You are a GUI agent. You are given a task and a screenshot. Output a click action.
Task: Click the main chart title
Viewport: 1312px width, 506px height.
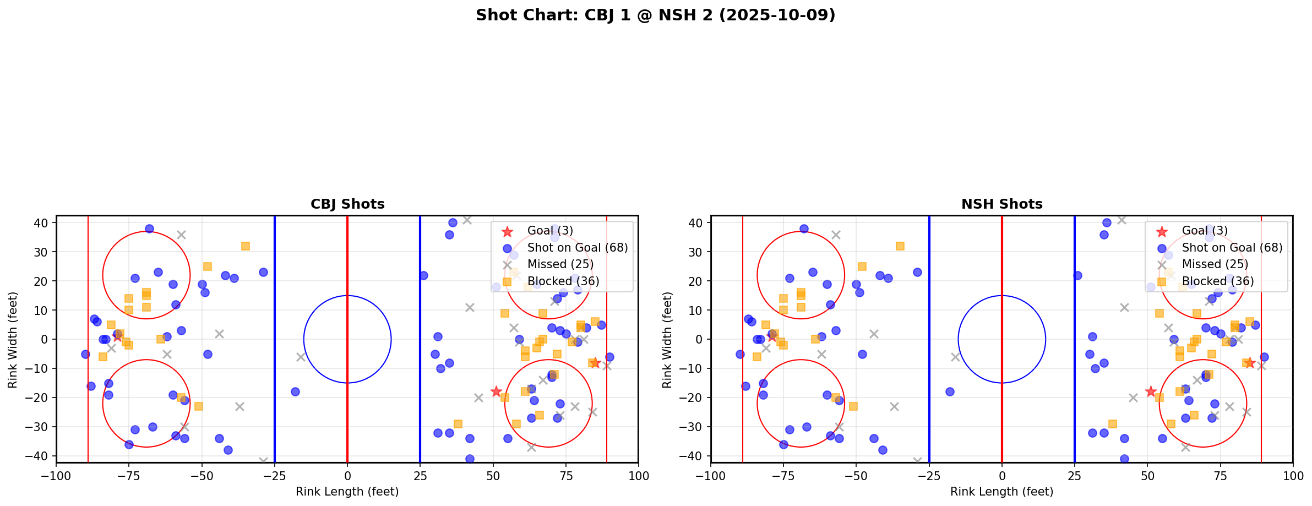tap(655, 15)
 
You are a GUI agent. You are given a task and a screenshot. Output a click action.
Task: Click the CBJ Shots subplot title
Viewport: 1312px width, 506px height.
tap(347, 204)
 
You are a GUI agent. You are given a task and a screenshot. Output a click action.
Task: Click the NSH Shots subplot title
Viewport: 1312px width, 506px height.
tap(1001, 204)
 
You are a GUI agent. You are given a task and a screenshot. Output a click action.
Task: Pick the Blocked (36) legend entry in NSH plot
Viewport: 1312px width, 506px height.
tap(1217, 281)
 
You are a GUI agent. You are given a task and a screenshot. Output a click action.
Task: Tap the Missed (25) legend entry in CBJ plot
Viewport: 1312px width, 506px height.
tap(560, 264)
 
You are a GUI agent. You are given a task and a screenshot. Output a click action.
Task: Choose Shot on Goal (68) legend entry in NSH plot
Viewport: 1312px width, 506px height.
tap(1232, 248)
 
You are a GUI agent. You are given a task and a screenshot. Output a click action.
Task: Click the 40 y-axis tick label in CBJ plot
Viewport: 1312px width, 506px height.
tap(42, 223)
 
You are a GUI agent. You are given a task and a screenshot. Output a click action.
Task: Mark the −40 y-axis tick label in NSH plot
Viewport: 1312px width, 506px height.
tap(694, 456)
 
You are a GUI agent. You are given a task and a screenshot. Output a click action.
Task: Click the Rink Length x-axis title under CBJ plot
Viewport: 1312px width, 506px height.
tap(347, 492)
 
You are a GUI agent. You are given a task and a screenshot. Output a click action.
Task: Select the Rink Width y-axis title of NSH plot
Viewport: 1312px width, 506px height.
tap(667, 340)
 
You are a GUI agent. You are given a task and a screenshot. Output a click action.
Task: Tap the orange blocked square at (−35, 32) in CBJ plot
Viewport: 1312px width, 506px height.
tap(246, 246)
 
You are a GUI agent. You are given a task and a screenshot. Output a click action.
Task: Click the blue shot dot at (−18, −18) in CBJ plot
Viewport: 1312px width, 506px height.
tap(295, 391)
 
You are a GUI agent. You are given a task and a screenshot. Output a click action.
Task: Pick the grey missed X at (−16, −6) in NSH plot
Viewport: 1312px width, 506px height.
tap(955, 357)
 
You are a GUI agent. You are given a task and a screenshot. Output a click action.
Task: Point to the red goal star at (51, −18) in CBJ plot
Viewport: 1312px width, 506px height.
tap(496, 391)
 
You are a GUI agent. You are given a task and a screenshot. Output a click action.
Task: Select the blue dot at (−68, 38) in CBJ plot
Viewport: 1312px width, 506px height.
tap(149, 228)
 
